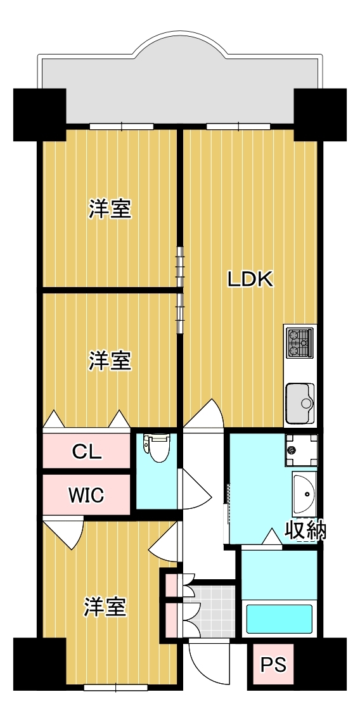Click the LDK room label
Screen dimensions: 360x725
(x=250, y=279)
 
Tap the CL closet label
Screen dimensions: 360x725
(x=86, y=451)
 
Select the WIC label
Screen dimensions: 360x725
(x=86, y=495)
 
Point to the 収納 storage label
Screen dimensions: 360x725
(x=305, y=530)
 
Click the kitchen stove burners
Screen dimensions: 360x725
(x=300, y=342)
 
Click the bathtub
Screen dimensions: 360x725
(x=280, y=619)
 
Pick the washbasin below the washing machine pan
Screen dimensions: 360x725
(x=304, y=493)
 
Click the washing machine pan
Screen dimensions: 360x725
(x=301, y=450)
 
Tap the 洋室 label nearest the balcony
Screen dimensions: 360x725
(x=110, y=210)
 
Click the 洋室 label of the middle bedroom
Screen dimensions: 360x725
(x=110, y=361)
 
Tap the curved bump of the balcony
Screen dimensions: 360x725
(x=180, y=44)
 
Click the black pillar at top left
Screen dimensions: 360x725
(x=40, y=115)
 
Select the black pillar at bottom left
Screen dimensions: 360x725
(x=40, y=664)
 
